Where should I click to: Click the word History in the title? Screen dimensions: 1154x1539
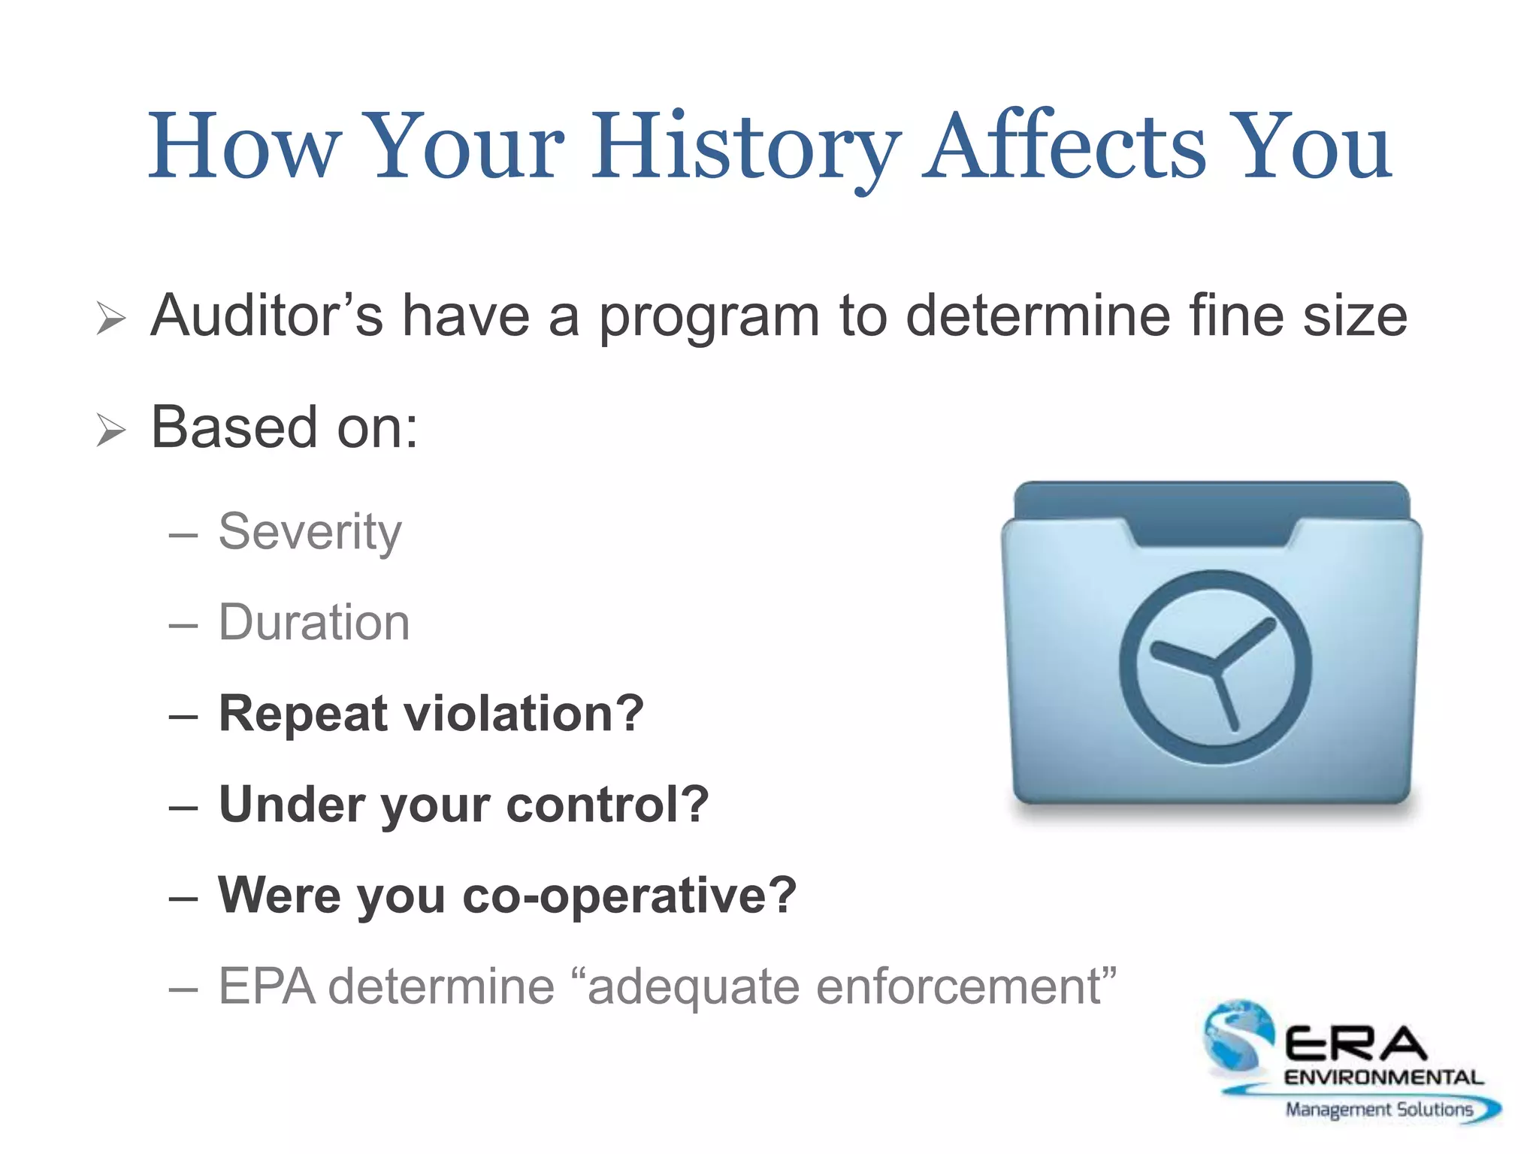[744, 147]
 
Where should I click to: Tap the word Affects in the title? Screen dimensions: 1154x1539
[1063, 147]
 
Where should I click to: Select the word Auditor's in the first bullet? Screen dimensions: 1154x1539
[266, 316]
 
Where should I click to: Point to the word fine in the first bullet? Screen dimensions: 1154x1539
[1236, 316]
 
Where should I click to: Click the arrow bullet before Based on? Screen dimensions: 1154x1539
[111, 430]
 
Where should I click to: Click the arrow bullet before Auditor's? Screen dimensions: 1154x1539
[111, 319]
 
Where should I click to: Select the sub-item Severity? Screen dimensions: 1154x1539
[310, 532]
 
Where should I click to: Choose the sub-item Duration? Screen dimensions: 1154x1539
[314, 623]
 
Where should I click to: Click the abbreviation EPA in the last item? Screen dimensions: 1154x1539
[267, 986]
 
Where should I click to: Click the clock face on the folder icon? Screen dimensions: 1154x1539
[1215, 667]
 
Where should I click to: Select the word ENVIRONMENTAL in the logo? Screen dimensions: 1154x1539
[1383, 1077]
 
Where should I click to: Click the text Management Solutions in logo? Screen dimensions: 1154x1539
[1378, 1109]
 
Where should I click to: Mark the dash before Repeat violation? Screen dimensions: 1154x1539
[183, 716]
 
